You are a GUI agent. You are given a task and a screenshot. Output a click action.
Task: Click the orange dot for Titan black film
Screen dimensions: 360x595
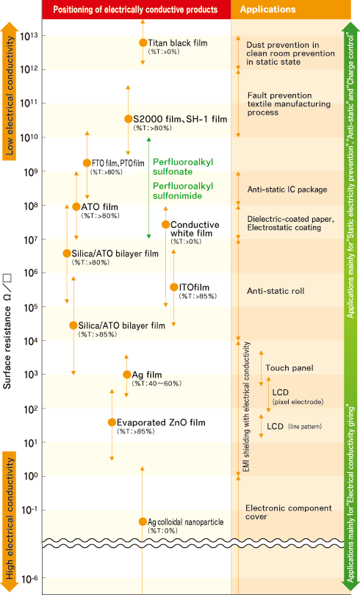[143, 43]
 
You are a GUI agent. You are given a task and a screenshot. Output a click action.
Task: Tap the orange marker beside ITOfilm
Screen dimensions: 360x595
[173, 287]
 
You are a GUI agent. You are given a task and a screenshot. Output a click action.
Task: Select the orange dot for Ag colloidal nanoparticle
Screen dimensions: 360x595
[143, 522]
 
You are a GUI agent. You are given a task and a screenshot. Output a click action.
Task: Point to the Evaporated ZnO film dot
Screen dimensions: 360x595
[112, 422]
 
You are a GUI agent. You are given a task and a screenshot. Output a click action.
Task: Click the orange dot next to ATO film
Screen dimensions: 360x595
[76, 207]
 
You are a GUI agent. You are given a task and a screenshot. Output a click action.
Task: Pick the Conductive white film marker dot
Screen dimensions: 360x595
[166, 224]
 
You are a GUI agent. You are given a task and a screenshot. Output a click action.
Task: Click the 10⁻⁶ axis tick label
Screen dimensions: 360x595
[29, 579]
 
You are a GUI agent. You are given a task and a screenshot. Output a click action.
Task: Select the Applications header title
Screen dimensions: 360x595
[267, 10]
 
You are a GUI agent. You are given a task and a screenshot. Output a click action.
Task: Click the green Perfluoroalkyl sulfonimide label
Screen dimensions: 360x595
[183, 191]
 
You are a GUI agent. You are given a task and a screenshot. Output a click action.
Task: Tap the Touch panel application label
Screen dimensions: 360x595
[289, 368]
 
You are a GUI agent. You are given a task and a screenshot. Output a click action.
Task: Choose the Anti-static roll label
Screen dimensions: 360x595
[276, 291]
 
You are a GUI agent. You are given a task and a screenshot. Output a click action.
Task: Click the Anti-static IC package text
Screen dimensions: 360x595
[287, 190]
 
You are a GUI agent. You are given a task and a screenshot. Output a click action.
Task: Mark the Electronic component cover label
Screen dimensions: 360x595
[289, 512]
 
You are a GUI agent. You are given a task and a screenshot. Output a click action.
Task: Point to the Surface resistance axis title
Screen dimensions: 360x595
[7, 331]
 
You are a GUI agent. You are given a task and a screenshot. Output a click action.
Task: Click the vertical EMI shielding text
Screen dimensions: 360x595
[247, 407]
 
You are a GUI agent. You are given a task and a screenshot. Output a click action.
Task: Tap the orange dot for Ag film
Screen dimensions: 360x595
[126, 375]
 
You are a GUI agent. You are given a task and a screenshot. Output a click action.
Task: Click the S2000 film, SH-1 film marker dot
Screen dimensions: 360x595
[129, 119]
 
